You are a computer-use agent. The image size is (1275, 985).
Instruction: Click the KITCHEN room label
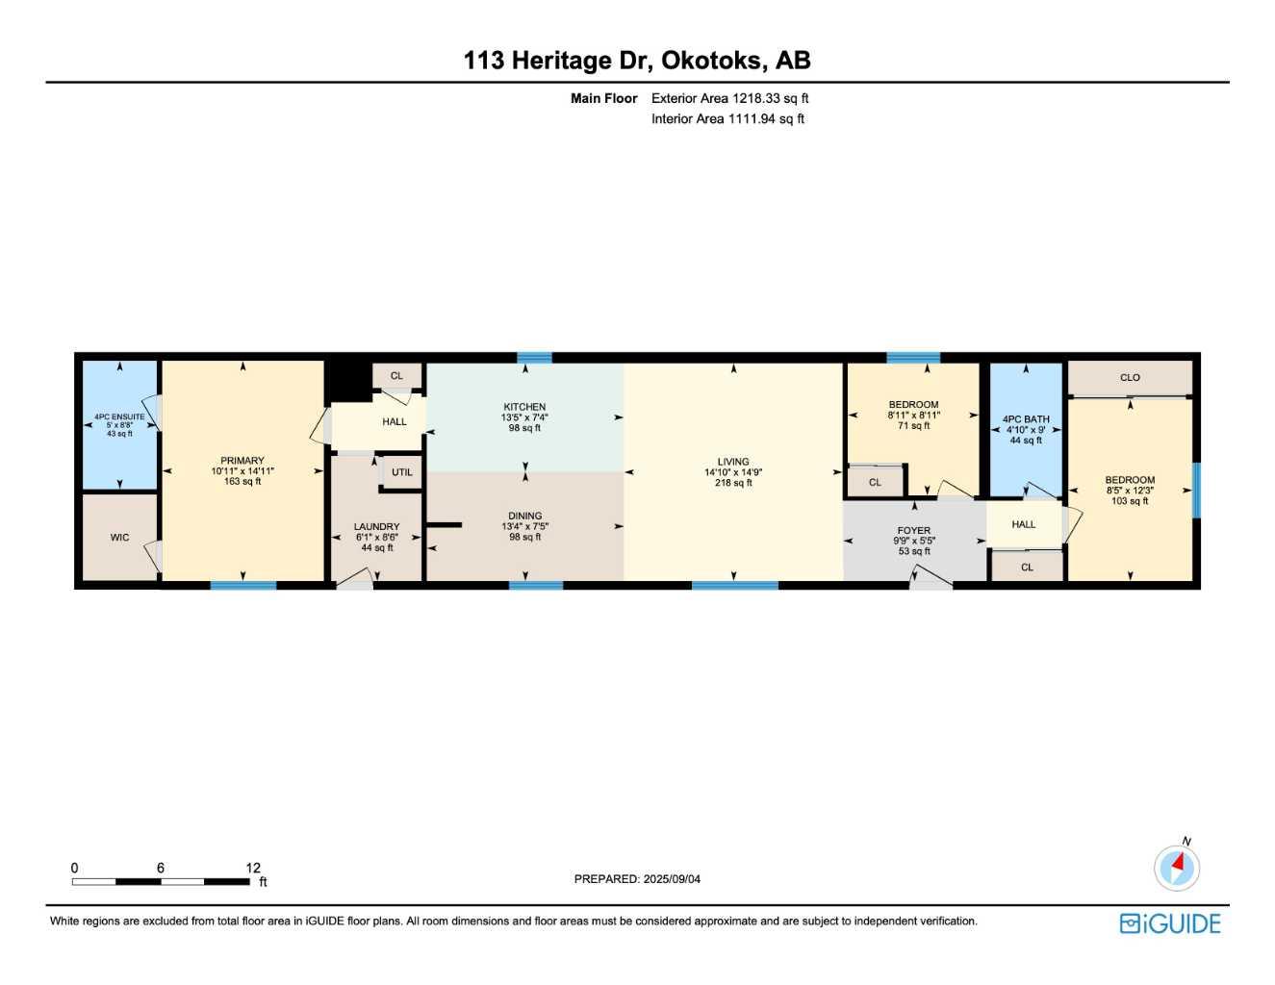click(524, 407)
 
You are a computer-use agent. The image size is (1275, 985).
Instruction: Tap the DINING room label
click(524, 516)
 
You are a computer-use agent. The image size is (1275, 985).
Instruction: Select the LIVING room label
click(733, 462)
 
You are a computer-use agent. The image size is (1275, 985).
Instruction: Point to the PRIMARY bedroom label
click(242, 461)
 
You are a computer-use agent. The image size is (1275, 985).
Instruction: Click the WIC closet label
click(119, 538)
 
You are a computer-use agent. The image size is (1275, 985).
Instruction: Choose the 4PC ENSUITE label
click(119, 417)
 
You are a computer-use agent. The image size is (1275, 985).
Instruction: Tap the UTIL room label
click(402, 472)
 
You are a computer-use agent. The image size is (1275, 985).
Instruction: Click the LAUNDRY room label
click(376, 526)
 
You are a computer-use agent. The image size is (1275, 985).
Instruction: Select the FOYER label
click(914, 530)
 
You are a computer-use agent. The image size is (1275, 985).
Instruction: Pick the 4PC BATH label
click(1026, 419)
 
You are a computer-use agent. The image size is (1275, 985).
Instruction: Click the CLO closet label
click(1130, 378)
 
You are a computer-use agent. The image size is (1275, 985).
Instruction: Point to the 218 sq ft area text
click(733, 483)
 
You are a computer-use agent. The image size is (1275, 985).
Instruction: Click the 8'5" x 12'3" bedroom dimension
click(1130, 491)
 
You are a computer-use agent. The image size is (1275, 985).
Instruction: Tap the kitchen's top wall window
click(534, 358)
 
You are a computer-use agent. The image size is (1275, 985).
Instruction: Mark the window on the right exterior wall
click(1196, 491)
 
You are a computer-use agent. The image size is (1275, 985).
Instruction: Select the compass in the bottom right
click(1177, 868)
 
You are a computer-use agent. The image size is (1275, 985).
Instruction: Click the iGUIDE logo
click(1170, 923)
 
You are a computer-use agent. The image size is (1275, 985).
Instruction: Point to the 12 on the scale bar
click(253, 868)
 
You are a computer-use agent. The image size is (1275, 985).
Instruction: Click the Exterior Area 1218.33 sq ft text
click(729, 98)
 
